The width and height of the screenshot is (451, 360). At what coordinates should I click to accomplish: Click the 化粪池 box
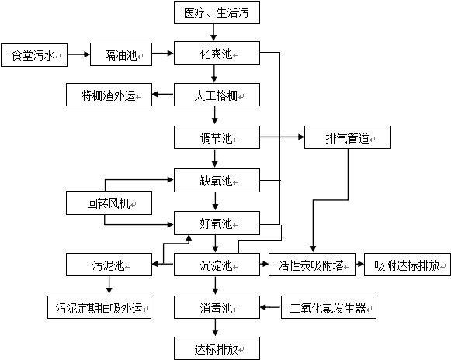pos(217,54)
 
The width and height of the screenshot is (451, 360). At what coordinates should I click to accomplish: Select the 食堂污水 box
pos(34,55)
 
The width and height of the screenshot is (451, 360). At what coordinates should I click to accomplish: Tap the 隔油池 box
pos(121,54)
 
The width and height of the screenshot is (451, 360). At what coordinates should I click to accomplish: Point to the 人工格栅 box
pos(217,95)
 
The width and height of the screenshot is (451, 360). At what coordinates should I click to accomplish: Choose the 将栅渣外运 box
pos(109,95)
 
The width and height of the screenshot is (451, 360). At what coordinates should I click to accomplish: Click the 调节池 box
pos(217,137)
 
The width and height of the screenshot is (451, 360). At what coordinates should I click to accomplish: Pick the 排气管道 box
pos(348,137)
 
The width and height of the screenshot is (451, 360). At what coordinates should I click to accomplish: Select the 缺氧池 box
pos(217,180)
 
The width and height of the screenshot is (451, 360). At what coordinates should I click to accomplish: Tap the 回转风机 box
pos(109,203)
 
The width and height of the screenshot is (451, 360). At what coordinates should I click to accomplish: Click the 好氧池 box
pos(217,223)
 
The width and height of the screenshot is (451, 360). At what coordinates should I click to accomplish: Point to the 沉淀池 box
pos(217,265)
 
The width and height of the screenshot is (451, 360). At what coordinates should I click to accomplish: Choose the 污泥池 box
pos(109,265)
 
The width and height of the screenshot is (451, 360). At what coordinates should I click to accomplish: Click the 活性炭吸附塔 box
pos(312,265)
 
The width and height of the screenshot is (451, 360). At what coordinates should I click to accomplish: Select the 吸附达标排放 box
pos(408,265)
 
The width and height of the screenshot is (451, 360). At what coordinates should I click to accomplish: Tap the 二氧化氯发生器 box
pos(328,307)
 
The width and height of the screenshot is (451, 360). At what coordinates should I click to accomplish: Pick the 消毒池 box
pos(217,307)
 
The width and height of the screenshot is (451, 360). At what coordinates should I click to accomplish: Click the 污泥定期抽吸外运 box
pos(99,307)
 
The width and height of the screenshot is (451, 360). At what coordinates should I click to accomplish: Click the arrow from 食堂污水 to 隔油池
pos(79,54)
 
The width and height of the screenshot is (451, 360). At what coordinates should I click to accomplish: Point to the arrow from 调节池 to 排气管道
pos(282,137)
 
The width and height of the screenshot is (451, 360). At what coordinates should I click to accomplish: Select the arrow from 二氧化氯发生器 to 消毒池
pos(271,307)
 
